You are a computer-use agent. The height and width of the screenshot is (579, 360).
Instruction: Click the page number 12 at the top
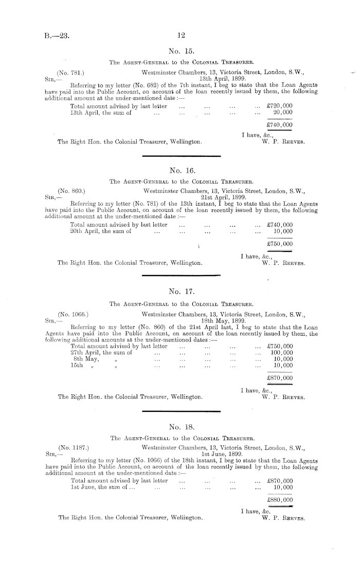[x=180, y=35]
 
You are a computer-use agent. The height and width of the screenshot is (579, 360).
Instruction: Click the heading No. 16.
[x=180, y=169]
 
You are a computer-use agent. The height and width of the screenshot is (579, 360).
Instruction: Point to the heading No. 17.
[x=180, y=293]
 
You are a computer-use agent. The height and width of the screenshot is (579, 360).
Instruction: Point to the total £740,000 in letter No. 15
[x=280, y=124]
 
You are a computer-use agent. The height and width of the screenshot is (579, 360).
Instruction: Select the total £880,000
[x=280, y=499]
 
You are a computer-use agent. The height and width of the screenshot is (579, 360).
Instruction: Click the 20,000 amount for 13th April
[x=283, y=112]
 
